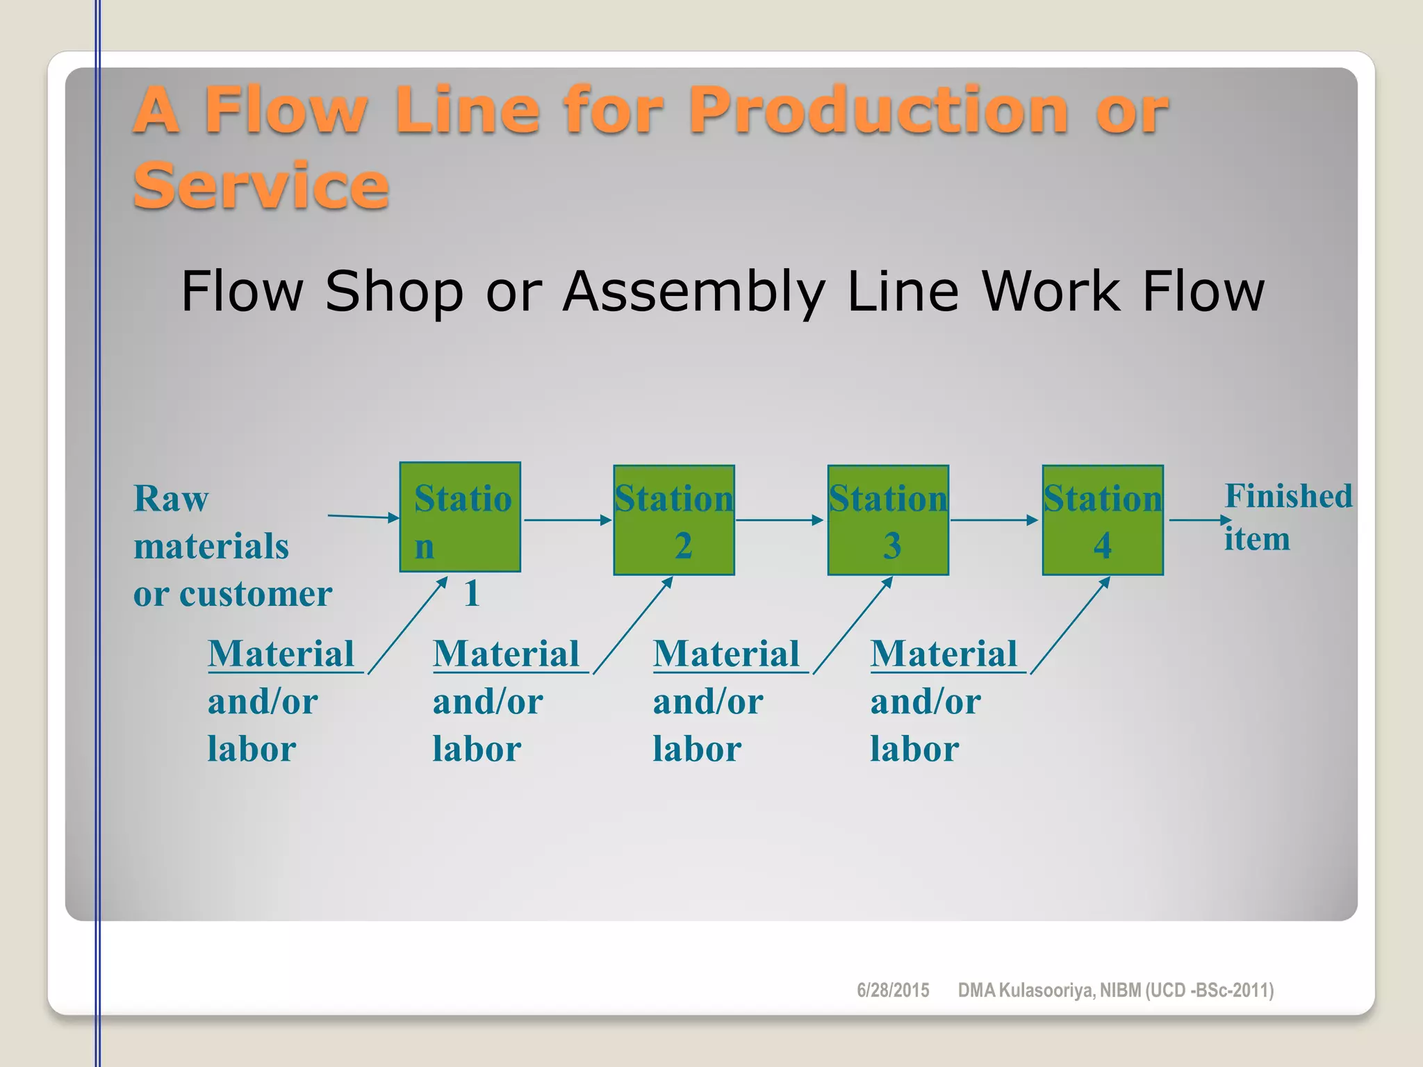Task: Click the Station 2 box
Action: (673, 520)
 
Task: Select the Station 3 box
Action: (887, 520)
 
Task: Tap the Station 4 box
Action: (1102, 520)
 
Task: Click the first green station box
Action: (460, 517)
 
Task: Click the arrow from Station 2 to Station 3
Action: (780, 520)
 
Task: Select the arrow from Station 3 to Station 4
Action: (994, 520)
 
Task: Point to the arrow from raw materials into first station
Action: (363, 516)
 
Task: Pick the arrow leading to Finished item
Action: (1199, 520)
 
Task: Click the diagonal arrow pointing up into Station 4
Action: (1070, 625)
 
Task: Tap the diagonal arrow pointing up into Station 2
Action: (633, 625)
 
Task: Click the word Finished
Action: (1288, 496)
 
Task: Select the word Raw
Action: (171, 499)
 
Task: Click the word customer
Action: (256, 594)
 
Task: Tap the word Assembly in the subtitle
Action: (694, 292)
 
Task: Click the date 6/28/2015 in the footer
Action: (893, 990)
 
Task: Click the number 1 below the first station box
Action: (472, 594)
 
